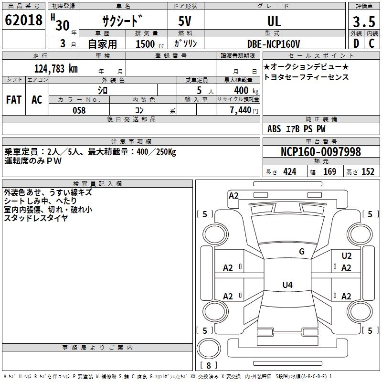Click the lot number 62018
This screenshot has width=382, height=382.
(x=23, y=21)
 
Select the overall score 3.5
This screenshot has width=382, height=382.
(x=363, y=22)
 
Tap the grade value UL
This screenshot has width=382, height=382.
(x=274, y=21)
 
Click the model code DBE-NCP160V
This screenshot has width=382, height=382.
(x=274, y=44)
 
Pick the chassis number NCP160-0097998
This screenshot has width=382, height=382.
(x=321, y=152)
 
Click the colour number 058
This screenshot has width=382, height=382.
(x=79, y=110)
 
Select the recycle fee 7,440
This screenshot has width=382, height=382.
(x=243, y=110)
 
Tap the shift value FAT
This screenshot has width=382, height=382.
(x=13, y=100)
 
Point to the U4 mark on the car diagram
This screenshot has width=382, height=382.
(x=287, y=285)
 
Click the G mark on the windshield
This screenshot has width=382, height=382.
(x=302, y=252)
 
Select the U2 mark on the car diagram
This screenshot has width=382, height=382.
(x=347, y=256)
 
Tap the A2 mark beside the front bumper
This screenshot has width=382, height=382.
(x=233, y=196)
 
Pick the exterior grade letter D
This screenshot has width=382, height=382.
(x=356, y=43)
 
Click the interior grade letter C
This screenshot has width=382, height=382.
(x=371, y=43)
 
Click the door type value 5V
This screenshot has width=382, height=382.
(x=186, y=21)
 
